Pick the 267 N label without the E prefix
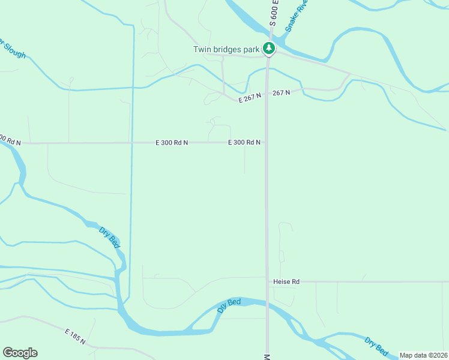tap(281, 92)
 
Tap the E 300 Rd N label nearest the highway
tap(244, 142)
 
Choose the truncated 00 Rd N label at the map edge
tap(10, 140)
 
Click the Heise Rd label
tap(286, 281)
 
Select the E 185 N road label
tap(75, 336)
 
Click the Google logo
tap(20, 353)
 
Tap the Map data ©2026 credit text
tap(423, 355)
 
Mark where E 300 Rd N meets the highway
tap(267, 142)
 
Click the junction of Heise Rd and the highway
tap(267, 281)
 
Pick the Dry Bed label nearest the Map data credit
tap(376, 347)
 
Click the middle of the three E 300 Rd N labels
tap(172, 142)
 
